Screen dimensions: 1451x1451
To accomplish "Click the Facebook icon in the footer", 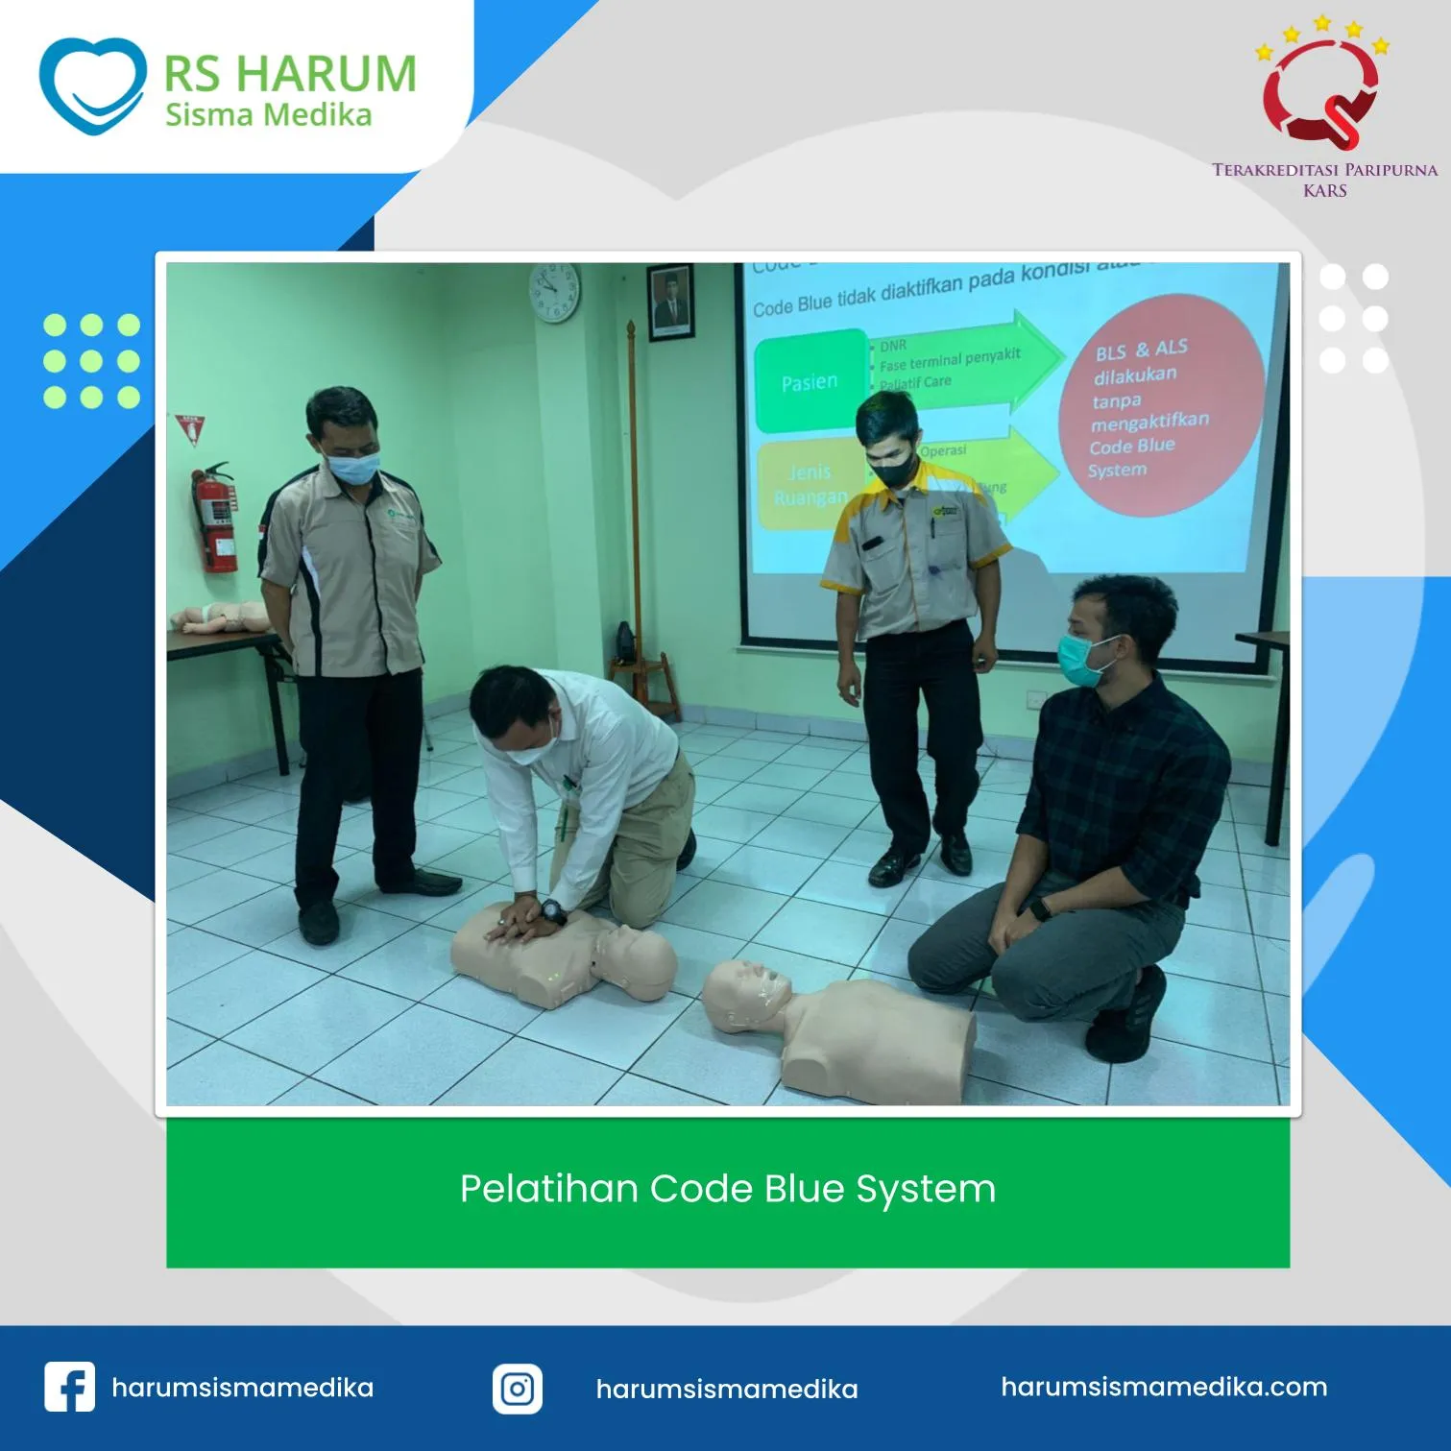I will (x=69, y=1387).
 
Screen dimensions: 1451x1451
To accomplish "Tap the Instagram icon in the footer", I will (x=518, y=1389).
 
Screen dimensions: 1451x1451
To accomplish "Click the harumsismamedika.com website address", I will (x=1164, y=1387).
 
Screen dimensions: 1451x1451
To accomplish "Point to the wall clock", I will (x=554, y=292).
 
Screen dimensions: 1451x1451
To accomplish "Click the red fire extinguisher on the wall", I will (x=216, y=518).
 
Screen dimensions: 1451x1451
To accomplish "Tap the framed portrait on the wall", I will (x=670, y=302).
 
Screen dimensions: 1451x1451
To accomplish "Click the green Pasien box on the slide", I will (x=810, y=381).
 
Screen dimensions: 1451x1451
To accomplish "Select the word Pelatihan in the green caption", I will (x=549, y=1189).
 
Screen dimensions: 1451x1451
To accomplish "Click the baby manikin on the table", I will (x=220, y=617).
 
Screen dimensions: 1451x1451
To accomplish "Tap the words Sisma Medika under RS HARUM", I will (x=268, y=115).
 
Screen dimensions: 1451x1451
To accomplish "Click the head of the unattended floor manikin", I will (x=745, y=996).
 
